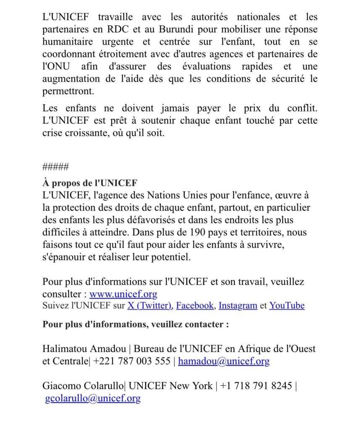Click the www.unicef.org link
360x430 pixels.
tap(123, 294)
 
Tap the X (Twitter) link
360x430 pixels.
tap(150, 306)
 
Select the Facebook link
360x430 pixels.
tap(195, 306)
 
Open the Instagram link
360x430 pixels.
tap(238, 306)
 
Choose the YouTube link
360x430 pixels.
tap(287, 306)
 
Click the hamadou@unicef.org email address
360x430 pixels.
tap(224, 361)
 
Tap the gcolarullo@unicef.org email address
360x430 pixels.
tap(93, 398)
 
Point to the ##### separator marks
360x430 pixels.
tap(55, 167)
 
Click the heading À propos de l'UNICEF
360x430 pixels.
tap(90, 184)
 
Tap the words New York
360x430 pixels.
tap(191, 386)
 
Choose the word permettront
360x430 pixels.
tap(68, 91)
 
